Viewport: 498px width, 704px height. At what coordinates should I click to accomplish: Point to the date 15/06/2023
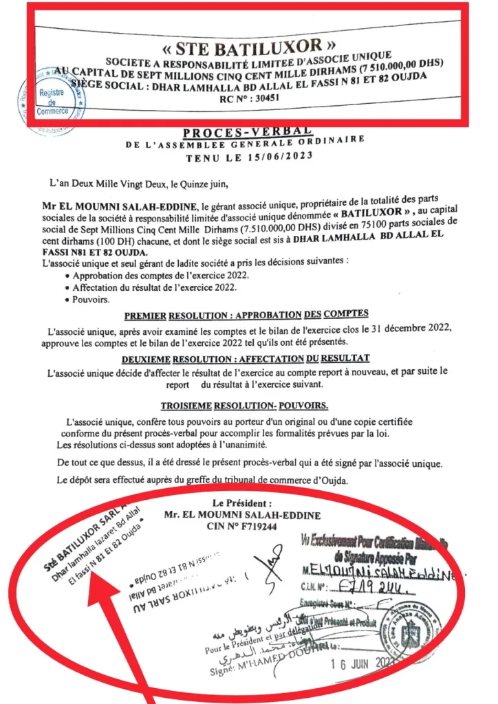283,156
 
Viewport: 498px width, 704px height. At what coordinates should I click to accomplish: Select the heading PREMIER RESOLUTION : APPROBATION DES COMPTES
246,315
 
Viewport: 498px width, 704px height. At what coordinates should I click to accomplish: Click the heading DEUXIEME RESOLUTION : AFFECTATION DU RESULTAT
246,358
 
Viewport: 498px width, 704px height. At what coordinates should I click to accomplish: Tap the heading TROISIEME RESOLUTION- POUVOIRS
244,406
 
